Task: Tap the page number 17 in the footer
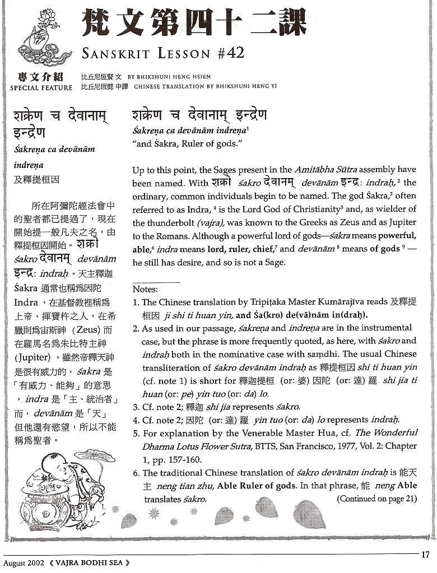tap(425, 555)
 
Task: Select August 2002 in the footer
tap(24, 562)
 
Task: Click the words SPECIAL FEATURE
tap(41, 87)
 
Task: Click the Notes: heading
tap(145, 290)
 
